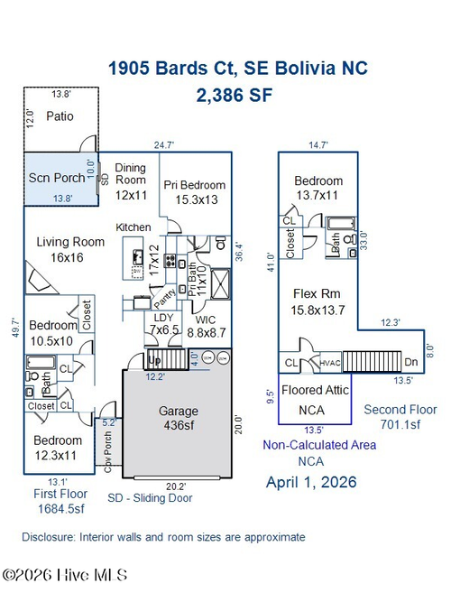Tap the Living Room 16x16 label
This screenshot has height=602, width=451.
(x=70, y=250)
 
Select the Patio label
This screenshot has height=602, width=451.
(x=60, y=116)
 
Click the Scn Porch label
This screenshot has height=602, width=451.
(x=58, y=177)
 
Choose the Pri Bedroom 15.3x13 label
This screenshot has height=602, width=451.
(x=194, y=192)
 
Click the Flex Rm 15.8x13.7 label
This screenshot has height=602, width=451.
(x=318, y=301)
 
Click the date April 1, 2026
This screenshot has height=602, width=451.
(x=311, y=482)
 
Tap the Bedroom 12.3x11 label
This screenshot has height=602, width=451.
(x=60, y=447)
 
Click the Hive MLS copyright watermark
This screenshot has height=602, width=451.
(x=65, y=574)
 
